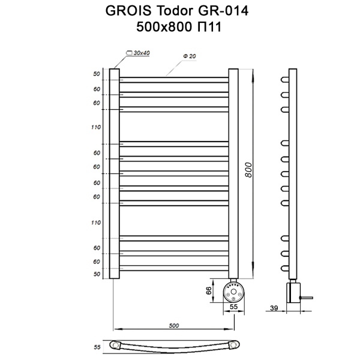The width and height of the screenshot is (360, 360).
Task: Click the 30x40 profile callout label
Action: click(142, 53)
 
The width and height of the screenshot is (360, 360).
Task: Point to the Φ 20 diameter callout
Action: click(189, 56)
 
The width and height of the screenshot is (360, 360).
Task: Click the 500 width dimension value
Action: click(174, 325)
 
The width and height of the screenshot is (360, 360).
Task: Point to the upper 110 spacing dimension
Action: click(95, 127)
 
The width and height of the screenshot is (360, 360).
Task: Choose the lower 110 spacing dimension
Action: click(95, 223)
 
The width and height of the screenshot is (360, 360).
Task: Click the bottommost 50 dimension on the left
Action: click(97, 274)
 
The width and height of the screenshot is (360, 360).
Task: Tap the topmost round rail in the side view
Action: click(285, 80)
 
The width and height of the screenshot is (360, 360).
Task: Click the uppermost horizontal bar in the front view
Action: click(174, 79)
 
